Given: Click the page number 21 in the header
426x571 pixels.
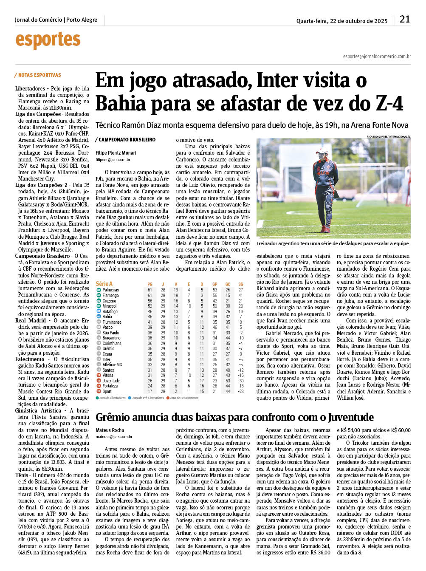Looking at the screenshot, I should click(404, 19).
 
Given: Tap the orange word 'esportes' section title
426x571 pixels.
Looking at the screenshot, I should click(48, 40).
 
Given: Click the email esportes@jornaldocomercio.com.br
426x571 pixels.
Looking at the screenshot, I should click(377, 57).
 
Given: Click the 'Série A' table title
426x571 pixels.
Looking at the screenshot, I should click(104, 283).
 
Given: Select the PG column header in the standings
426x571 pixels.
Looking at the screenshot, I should click(150, 284).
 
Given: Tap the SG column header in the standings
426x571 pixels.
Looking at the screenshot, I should click(241, 284).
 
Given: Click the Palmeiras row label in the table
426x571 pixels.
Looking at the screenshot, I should click(111, 290).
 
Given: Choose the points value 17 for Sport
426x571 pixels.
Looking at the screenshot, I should click(150, 391).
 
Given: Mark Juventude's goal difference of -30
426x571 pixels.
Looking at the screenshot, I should click(241, 381).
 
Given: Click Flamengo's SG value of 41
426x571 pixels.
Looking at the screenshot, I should click(241, 295).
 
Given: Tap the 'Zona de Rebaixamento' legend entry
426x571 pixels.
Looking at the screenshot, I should click(184, 398).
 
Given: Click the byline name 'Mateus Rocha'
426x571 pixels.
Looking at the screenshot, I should click(110, 430).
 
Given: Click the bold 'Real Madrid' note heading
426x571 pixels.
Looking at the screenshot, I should click(31, 321).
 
